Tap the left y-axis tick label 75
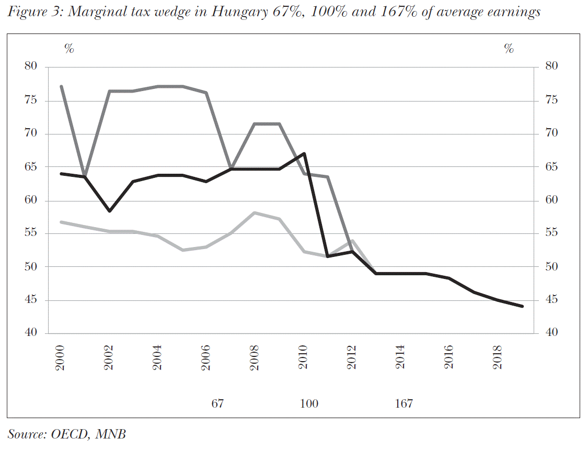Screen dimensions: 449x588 [x=31, y=100]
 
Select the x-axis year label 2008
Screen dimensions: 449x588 [x=255, y=358]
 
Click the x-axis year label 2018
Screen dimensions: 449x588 [x=498, y=358]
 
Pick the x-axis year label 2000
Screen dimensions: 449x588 [x=61, y=358]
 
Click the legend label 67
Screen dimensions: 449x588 [x=217, y=404]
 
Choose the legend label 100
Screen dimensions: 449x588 [x=309, y=404]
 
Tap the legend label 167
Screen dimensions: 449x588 [x=404, y=404]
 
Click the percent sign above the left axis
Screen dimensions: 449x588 [x=68, y=49]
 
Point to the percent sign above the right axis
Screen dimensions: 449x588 [x=509, y=49]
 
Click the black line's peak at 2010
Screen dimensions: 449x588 [x=304, y=153]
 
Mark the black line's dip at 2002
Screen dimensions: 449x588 [x=109, y=211]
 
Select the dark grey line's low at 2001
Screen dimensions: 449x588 [x=85, y=176]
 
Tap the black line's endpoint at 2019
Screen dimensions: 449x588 [x=522, y=307]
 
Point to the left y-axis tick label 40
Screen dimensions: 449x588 [x=31, y=333]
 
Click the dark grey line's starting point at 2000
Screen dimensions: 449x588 [x=61, y=86]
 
